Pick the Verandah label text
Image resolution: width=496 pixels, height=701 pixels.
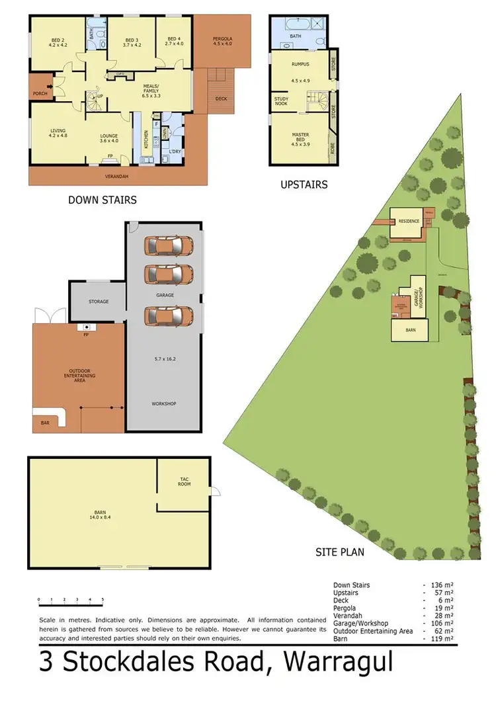(x=117, y=177)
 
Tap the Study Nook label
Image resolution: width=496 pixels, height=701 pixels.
(x=281, y=101)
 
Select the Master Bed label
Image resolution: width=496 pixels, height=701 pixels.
(x=301, y=138)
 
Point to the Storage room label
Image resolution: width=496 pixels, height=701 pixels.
(x=99, y=302)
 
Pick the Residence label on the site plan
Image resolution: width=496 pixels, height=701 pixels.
(x=408, y=221)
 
